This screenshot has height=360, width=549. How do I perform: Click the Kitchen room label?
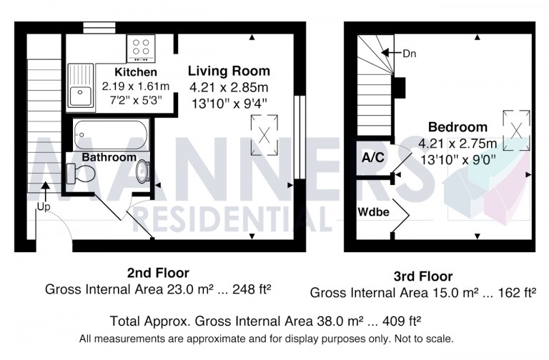click(136, 72)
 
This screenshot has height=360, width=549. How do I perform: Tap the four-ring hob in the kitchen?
click(142, 48)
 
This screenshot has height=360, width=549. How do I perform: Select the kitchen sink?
click(81, 85)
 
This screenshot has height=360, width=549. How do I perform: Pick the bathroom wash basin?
click(143, 171)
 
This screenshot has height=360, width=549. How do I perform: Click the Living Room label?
click(229, 71)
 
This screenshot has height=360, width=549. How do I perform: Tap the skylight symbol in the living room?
click(264, 132)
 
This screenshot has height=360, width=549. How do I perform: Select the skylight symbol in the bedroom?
click(515, 128)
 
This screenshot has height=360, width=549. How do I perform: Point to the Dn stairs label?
click(410, 53)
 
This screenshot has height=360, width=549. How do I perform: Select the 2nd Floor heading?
click(158, 272)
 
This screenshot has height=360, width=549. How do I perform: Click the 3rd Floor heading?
click(422, 276)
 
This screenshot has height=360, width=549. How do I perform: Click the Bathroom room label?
click(109, 157)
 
